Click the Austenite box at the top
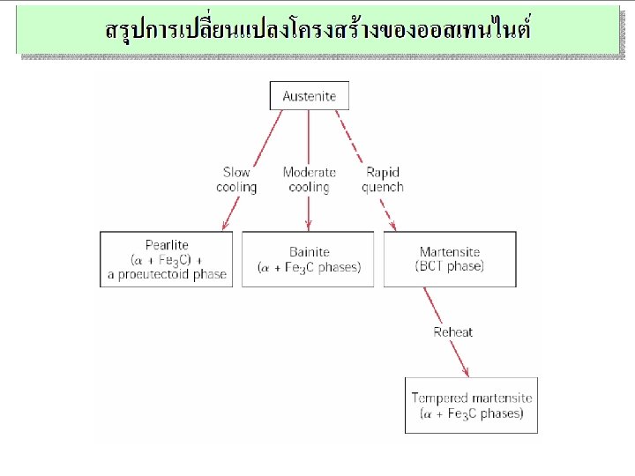click(x=309, y=96)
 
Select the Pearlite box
click(x=167, y=259)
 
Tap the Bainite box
click(x=309, y=259)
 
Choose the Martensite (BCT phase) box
click(x=450, y=259)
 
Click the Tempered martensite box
click(x=471, y=405)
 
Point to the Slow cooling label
click(x=236, y=180)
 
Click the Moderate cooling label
click(x=309, y=180)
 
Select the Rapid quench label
click(x=383, y=180)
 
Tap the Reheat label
click(x=452, y=332)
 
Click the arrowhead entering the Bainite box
click(x=309, y=227)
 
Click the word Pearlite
click(x=167, y=245)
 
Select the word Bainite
click(x=309, y=252)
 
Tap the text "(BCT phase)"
click(x=450, y=266)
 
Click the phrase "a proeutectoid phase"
click(x=167, y=274)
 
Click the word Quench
click(x=383, y=187)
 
